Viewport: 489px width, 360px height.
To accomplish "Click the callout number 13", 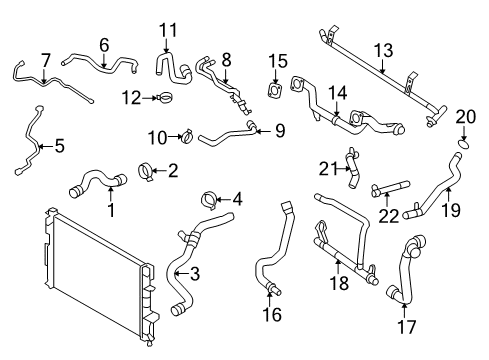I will tap(384, 49).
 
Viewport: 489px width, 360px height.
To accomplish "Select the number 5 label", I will tap(58, 146).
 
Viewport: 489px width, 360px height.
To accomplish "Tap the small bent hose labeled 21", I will tap(351, 166).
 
